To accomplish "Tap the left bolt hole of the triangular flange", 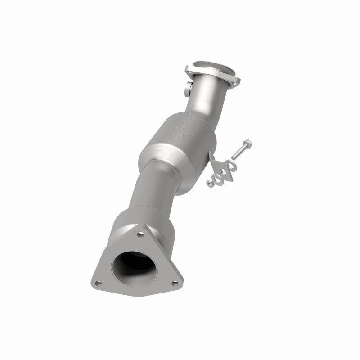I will tap(99, 283).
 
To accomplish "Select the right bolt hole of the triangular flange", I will tap(175, 283).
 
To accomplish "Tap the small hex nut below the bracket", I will tap(210, 184).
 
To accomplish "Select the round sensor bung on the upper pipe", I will tap(187, 88).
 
